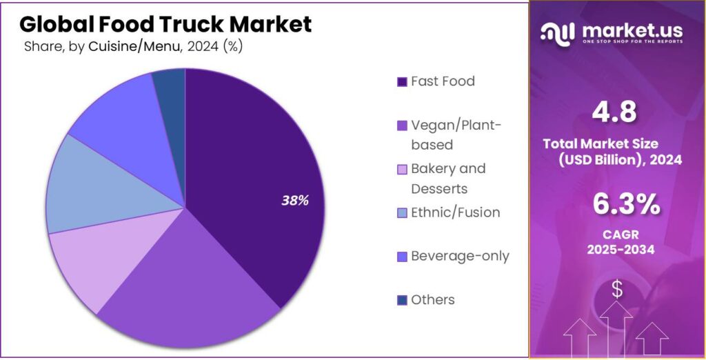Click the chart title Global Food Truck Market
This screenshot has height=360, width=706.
[x=165, y=24]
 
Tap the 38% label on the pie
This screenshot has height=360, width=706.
[x=294, y=201]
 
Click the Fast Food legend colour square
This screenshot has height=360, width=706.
[x=402, y=82]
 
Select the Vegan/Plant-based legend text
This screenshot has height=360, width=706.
[x=456, y=134]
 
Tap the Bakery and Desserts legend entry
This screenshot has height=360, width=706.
[x=448, y=179]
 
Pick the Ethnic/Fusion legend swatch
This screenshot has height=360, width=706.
[x=402, y=213]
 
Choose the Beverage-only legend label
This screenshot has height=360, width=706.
[x=460, y=256]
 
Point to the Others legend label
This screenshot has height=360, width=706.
[x=433, y=300]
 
